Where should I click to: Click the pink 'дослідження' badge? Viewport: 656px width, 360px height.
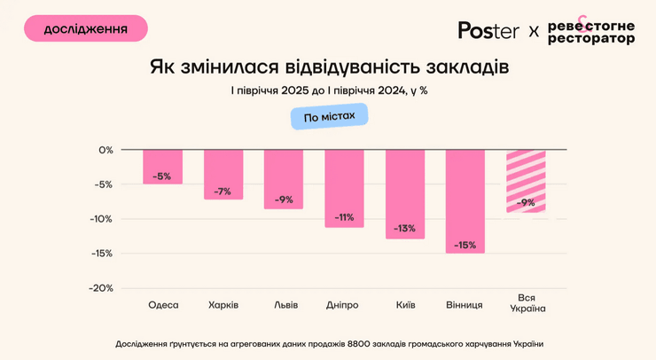click(85, 29)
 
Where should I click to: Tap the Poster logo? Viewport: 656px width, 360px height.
click(488, 30)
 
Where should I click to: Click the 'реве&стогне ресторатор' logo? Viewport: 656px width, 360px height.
click(590, 31)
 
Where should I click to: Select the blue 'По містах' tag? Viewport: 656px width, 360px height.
click(329, 117)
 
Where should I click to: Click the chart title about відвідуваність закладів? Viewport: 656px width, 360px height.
click(329, 67)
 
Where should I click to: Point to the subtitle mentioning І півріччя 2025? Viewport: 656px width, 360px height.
click(329, 90)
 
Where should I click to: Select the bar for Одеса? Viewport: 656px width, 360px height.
click(162, 167)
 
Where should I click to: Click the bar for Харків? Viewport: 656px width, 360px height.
click(223, 174)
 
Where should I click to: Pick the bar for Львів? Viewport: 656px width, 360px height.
click(284, 179)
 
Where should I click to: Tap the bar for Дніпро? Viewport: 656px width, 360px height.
click(344, 188)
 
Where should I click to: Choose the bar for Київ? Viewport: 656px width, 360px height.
click(405, 194)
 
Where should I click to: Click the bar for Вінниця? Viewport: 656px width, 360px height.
click(465, 201)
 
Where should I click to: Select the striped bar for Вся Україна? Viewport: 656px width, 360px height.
click(526, 181)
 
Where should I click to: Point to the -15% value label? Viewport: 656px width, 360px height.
click(465, 245)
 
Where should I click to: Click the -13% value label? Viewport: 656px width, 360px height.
click(405, 229)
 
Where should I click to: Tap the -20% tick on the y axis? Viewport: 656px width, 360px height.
click(101, 288)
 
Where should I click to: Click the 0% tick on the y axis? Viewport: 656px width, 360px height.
click(105, 150)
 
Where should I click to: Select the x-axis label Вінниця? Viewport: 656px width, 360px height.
click(465, 305)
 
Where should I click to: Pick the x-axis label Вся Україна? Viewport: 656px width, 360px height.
click(527, 303)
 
